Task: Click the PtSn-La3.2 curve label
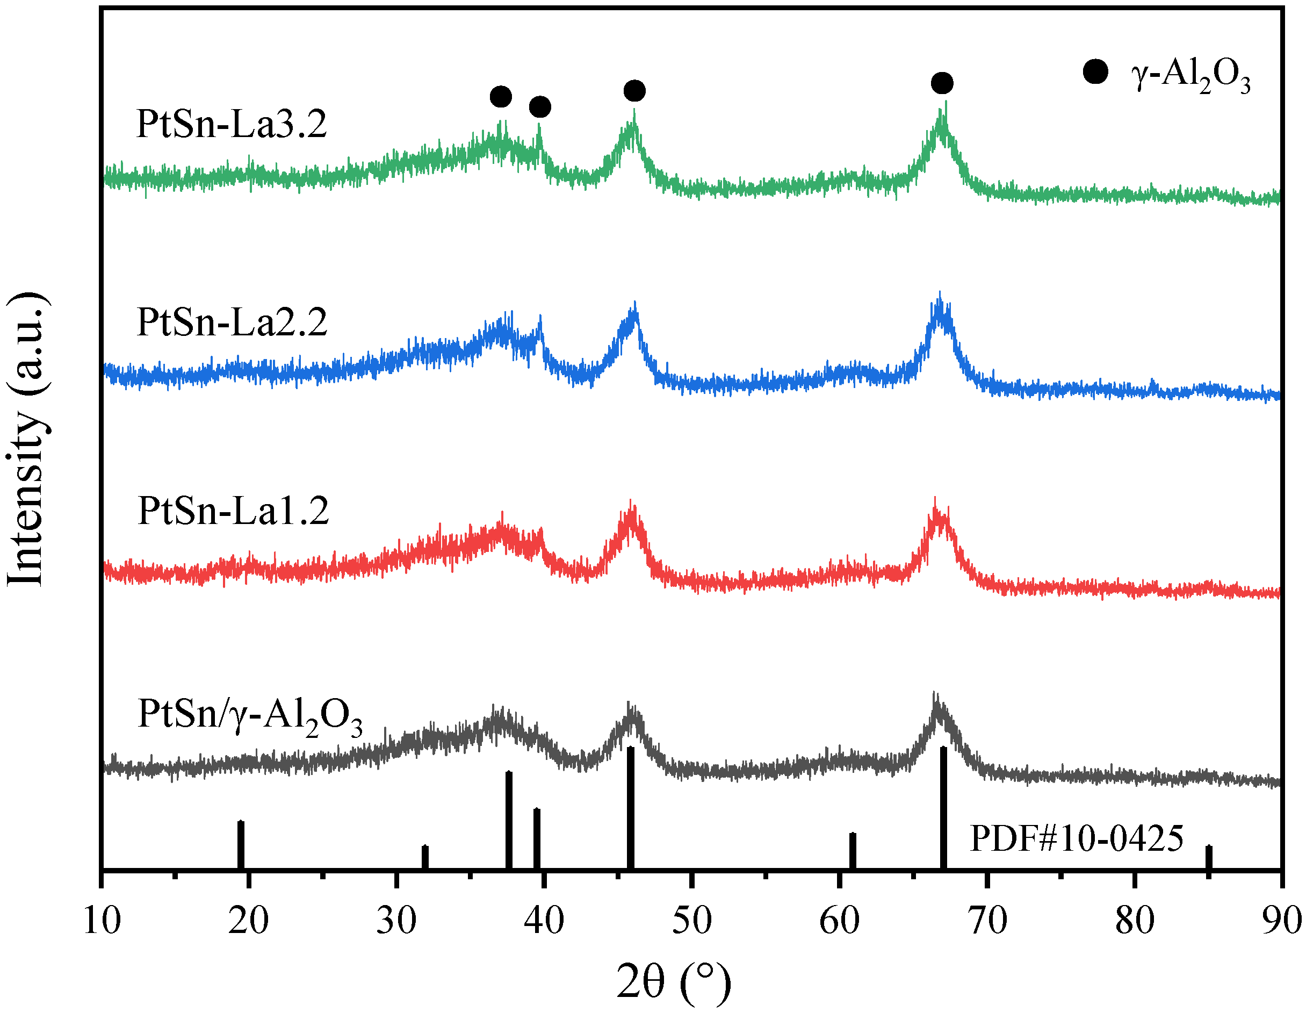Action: tap(232, 124)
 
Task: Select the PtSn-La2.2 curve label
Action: tap(232, 322)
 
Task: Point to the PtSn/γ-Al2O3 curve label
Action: tap(250, 715)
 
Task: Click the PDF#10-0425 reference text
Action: tap(1077, 838)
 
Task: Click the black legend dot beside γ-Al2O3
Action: tap(1095, 73)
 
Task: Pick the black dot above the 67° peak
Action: tap(942, 83)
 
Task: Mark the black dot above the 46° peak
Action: tap(634, 91)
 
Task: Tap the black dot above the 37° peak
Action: tap(501, 96)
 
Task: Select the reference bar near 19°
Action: tap(241, 844)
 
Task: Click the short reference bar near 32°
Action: tap(425, 857)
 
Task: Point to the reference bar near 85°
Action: tap(1209, 857)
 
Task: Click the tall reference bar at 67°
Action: tap(943, 807)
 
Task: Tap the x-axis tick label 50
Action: tap(692, 921)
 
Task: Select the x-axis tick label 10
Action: tap(102, 921)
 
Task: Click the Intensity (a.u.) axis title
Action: tap(27, 440)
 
